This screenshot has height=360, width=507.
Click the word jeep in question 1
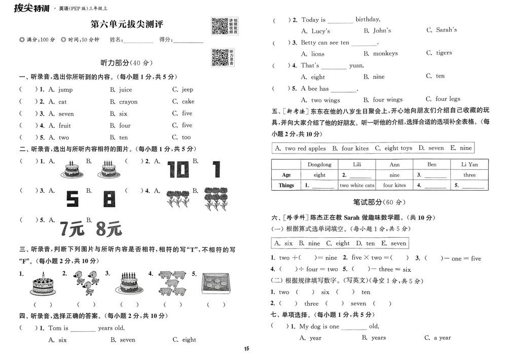click(187, 90)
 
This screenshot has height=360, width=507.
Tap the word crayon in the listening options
click(128, 102)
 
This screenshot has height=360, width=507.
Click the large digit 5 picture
click(73, 199)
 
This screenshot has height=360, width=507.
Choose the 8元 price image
click(108, 229)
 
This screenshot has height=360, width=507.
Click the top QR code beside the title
click(219, 26)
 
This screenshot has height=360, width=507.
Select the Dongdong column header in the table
click(319, 165)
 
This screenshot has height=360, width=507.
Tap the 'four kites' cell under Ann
click(394, 186)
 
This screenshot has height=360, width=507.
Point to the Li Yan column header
click(469, 165)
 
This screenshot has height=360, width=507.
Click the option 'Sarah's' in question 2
click(446, 30)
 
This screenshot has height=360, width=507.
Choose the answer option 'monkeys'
click(385, 54)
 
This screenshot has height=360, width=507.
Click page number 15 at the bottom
click(246, 349)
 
